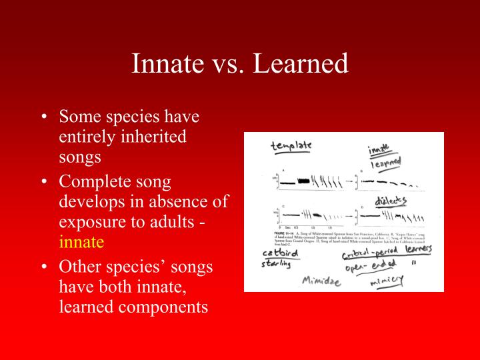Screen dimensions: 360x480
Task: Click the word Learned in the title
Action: click(x=303, y=64)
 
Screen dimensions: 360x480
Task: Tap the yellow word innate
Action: click(x=81, y=242)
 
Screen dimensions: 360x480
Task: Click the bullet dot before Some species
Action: click(x=43, y=117)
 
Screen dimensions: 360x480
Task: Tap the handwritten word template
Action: click(x=291, y=146)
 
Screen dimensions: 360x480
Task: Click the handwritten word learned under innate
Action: click(x=385, y=163)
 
